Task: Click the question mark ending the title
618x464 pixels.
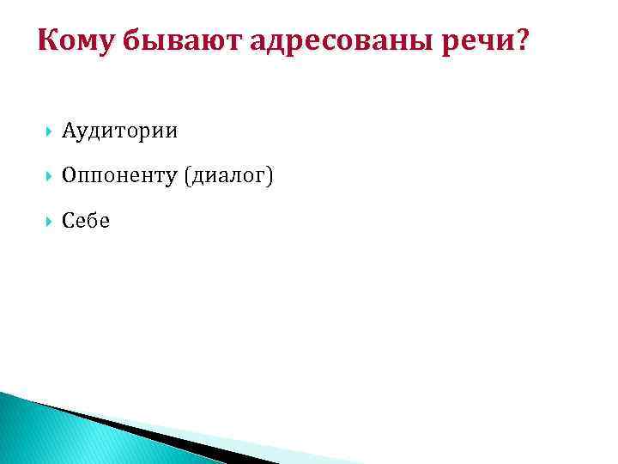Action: (x=523, y=40)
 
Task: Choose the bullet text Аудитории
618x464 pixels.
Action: (x=120, y=131)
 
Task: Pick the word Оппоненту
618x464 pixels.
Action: (x=118, y=176)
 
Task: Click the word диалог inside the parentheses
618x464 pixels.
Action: (x=227, y=176)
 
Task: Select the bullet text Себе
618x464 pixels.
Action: (x=86, y=221)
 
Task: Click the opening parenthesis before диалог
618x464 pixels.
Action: (x=184, y=176)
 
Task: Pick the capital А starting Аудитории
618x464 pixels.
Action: (x=69, y=131)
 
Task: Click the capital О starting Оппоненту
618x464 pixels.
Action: (x=70, y=176)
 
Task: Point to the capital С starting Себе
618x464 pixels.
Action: (x=69, y=221)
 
